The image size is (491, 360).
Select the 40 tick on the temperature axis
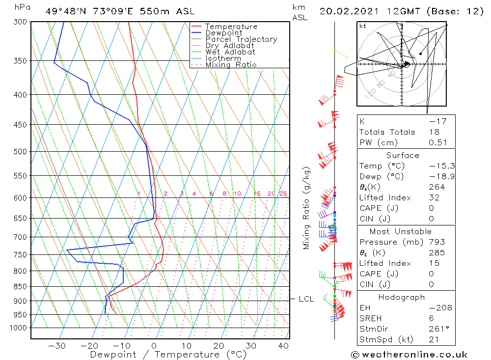pos(283,346)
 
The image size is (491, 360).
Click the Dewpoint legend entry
pos(223,33)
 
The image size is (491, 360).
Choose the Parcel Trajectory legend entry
pos(241,39)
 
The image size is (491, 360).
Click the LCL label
pos(306,299)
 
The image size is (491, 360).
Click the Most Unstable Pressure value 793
pos(436,242)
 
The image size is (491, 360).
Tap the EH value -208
pos(434,308)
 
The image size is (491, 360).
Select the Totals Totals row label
pos(387,132)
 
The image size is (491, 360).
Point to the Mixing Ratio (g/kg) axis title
pos(307,208)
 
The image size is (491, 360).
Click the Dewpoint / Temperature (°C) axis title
pos(161,355)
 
